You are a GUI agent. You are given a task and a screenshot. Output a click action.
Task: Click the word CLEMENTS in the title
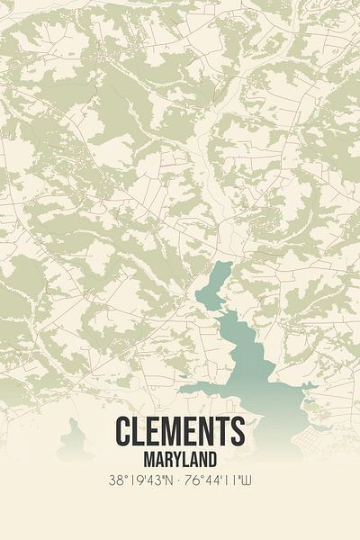(179, 431)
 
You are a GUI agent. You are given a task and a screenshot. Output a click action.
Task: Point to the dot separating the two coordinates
(180, 481)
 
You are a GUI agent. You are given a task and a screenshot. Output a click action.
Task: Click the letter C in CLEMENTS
(123, 431)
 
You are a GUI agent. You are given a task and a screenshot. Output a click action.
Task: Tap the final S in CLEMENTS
(236, 431)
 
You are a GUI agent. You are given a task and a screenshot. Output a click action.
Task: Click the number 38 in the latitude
(113, 481)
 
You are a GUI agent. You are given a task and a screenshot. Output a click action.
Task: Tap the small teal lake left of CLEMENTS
(75, 440)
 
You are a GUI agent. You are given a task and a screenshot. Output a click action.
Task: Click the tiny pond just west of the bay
(183, 375)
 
